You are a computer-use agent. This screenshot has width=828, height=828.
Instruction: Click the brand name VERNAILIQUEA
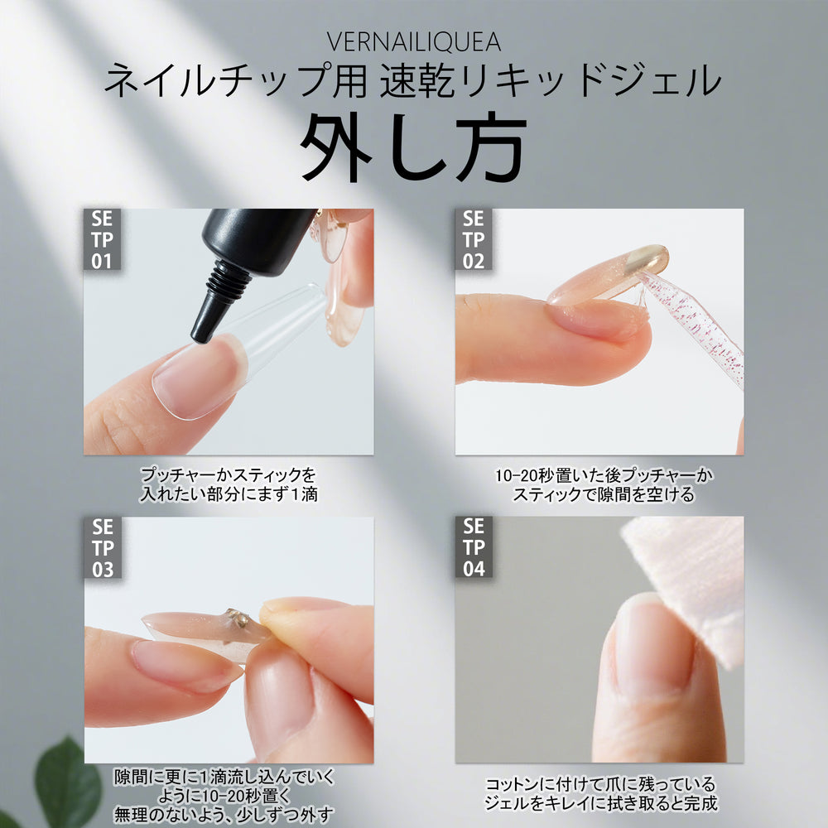pyautogui.click(x=414, y=41)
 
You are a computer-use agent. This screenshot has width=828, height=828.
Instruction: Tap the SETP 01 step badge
pyautogui.click(x=103, y=239)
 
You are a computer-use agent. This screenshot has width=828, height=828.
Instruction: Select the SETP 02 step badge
pyautogui.click(x=474, y=239)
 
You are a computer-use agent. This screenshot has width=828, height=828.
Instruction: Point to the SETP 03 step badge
pyautogui.click(x=103, y=547)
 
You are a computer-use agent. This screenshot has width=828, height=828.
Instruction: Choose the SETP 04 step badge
pyautogui.click(x=474, y=547)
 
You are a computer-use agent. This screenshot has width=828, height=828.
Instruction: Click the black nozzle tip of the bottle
pyautogui.click(x=201, y=330)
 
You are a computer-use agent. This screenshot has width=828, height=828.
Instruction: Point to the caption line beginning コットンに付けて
pyautogui.click(x=599, y=782)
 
